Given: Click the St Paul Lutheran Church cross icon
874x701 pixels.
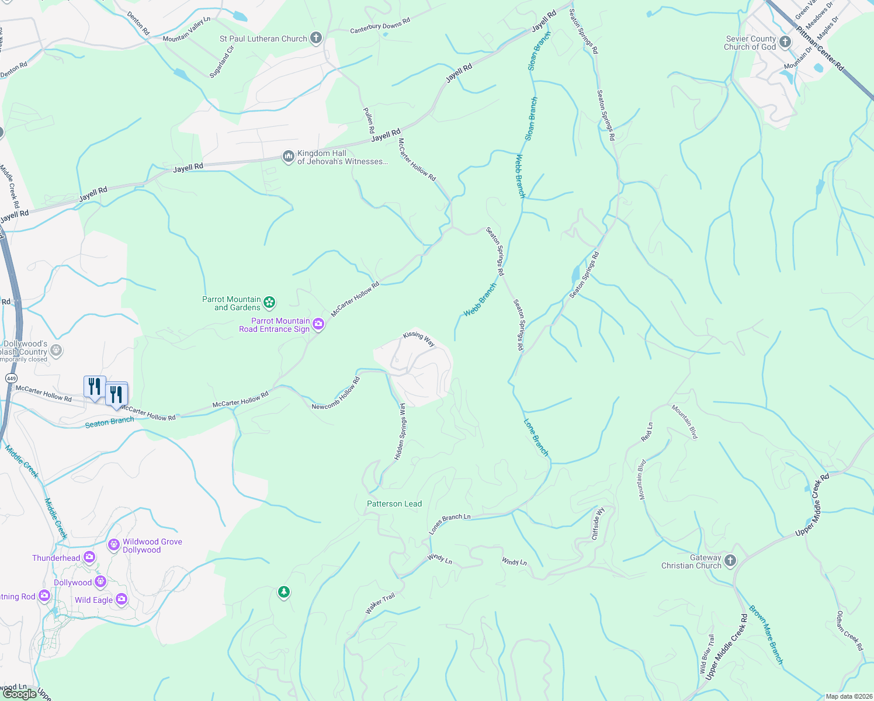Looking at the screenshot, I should (x=316, y=39).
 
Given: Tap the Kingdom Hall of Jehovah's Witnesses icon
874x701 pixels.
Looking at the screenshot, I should (x=288, y=157).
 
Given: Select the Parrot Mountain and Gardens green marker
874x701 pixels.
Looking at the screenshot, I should (x=269, y=302).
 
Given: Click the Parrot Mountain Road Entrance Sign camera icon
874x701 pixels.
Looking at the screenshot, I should (x=318, y=324).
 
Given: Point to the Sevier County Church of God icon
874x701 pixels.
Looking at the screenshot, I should (x=785, y=42).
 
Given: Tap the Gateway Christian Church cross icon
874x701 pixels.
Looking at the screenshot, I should (x=730, y=561).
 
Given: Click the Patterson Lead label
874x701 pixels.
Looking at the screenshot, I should (x=394, y=504).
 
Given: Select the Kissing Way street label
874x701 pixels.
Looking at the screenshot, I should (x=419, y=339).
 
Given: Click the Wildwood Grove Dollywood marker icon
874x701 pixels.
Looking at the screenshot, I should (x=114, y=545).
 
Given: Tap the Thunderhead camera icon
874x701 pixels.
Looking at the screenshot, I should (x=89, y=557).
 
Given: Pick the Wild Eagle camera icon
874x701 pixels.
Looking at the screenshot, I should (x=122, y=599).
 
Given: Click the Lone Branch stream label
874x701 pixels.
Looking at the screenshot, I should (x=536, y=437).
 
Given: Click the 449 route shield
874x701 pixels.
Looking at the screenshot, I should (x=11, y=379).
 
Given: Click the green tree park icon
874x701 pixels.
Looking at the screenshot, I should (x=284, y=592).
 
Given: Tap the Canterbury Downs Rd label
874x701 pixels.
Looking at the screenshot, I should (x=380, y=25).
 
